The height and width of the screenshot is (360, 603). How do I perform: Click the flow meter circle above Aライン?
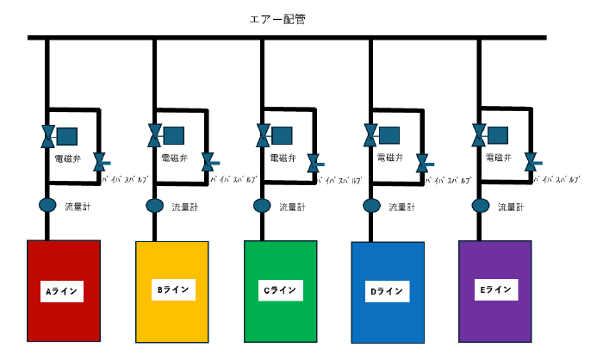pos(47,207)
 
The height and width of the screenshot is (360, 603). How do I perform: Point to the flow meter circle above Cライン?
pos(262,207)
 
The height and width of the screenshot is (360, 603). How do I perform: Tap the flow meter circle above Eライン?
pos(481,207)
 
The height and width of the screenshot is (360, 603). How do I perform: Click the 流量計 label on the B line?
pos(185,208)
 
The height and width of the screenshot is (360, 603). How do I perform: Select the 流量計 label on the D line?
pos(402,208)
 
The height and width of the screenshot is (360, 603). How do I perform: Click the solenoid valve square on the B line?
pos(174,135)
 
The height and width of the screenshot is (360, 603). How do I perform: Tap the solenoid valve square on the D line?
pos(389,135)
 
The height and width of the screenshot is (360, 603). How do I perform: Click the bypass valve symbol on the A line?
pos(100,162)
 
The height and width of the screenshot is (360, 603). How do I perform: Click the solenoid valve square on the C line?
pos(282,135)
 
